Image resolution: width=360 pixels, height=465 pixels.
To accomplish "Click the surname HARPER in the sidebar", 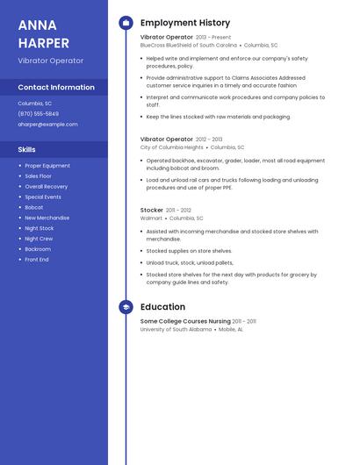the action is [x=44, y=42].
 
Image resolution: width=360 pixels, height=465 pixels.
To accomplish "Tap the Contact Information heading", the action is [x=56, y=88].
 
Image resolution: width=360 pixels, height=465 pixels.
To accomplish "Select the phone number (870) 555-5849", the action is [x=38, y=114].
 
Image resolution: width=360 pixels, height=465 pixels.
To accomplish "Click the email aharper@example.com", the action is [x=47, y=125].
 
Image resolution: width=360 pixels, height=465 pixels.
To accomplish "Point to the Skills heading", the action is [x=27, y=149].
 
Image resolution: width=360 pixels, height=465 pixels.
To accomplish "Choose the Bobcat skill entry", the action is [x=33, y=207].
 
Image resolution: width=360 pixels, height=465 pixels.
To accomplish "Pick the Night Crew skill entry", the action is [x=39, y=239].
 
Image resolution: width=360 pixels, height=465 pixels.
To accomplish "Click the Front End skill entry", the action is [x=37, y=260].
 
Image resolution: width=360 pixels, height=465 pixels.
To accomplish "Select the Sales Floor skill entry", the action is [x=39, y=175].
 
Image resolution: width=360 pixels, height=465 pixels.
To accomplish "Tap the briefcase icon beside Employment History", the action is [x=126, y=23].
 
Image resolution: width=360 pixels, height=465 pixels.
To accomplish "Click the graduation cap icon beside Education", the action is [x=126, y=307].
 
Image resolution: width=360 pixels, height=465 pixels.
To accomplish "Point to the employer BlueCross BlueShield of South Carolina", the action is [x=189, y=45].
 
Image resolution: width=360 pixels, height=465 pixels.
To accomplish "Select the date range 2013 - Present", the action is [x=213, y=38].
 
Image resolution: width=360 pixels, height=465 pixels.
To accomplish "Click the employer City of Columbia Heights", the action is [x=171, y=147].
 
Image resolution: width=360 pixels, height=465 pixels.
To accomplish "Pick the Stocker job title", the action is [x=152, y=211].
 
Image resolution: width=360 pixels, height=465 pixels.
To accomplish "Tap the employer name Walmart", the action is [x=151, y=218].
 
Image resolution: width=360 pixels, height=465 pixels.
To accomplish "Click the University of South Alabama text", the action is [x=176, y=329].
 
